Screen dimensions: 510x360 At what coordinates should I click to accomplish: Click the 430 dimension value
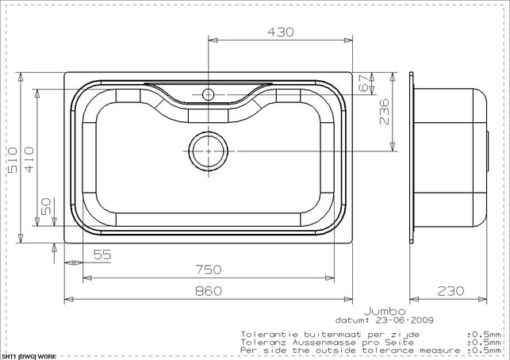click(280, 32)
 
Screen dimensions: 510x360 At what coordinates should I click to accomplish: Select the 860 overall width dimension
click(209, 291)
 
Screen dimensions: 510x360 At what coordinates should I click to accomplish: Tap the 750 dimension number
click(209, 270)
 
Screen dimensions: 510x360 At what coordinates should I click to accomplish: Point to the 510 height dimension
click(13, 160)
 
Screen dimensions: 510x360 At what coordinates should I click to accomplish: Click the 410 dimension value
click(29, 159)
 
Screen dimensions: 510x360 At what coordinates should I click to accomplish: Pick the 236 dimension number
click(384, 112)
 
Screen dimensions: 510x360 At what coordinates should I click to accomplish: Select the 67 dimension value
click(364, 83)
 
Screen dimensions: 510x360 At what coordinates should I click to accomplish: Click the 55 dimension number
click(102, 255)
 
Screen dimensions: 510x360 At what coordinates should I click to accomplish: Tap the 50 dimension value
click(46, 206)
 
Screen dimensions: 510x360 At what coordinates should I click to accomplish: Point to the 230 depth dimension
click(451, 291)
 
